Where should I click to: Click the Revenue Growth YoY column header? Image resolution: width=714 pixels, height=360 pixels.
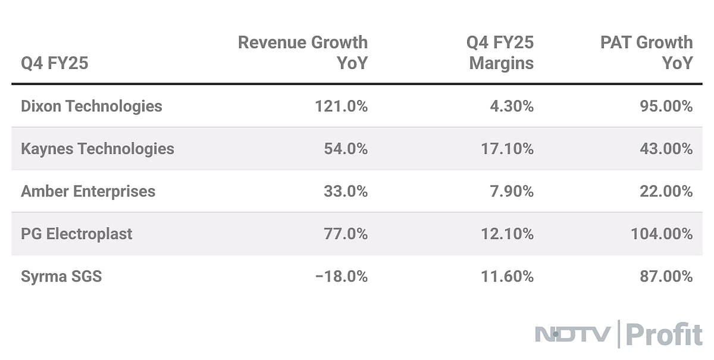(302, 52)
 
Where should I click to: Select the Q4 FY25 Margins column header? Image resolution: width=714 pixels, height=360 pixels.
(501, 52)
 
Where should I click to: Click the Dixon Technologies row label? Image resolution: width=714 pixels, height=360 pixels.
(91, 107)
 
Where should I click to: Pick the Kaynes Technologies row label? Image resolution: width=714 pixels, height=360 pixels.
(98, 149)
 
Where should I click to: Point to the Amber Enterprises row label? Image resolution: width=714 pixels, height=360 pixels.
(88, 192)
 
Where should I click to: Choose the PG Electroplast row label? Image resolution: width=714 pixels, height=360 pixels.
(77, 234)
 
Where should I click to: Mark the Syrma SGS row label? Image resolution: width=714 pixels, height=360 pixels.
(61, 277)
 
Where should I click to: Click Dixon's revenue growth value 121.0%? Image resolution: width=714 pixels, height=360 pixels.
(341, 107)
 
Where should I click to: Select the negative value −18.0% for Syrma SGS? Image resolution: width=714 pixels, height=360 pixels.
(341, 277)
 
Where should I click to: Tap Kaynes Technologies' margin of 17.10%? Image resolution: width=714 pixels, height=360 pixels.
(507, 149)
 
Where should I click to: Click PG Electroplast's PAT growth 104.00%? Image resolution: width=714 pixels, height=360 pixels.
(662, 234)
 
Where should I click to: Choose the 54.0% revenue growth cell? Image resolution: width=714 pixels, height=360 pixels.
(346, 149)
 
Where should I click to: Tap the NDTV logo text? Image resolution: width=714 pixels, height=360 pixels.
(572, 334)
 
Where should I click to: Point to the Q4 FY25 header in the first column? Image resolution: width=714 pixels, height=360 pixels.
(55, 63)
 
